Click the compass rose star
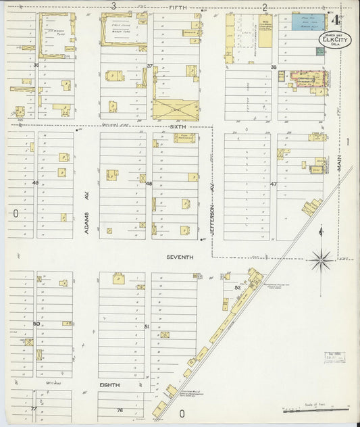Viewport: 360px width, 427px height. (x=321, y=257)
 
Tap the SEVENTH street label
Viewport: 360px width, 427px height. (x=180, y=257)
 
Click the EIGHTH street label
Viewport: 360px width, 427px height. (x=109, y=384)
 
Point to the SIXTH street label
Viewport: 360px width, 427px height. (x=179, y=126)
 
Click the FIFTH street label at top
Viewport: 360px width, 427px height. (x=178, y=7)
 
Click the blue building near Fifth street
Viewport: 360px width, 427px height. (x=308, y=22)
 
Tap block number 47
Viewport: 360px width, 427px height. (x=274, y=184)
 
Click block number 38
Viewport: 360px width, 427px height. (x=274, y=68)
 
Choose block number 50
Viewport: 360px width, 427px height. (x=36, y=324)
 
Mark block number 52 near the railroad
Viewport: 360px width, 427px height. (x=237, y=287)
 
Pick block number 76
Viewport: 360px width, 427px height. (x=120, y=409)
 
